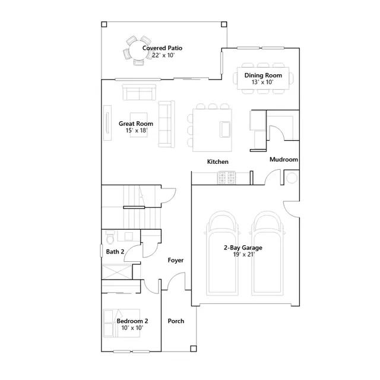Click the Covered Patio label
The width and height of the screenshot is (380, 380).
click(162, 48)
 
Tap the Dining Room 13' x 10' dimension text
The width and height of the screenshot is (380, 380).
click(262, 82)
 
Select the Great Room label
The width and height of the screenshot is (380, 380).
click(136, 123)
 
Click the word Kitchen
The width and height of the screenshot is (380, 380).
click(218, 161)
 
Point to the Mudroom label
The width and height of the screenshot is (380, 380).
click(284, 160)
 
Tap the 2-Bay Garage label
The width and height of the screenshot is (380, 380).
click(243, 248)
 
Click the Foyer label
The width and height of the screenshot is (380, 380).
click(176, 260)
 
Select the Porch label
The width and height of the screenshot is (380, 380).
click(176, 321)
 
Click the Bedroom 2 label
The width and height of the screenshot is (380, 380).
click(132, 321)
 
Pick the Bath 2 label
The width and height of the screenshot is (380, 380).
click(115, 252)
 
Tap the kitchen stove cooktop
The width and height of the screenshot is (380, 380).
click(227, 178)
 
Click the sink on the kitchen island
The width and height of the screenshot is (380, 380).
click(225, 129)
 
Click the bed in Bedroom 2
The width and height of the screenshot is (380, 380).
click(122, 323)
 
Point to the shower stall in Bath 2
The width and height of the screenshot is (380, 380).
click(117, 272)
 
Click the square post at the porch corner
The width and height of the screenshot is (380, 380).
click(194, 349)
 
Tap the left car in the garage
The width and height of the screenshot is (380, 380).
click(222, 254)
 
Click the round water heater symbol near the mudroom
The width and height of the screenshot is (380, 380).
click(292, 178)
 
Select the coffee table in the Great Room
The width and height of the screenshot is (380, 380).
click(139, 125)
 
